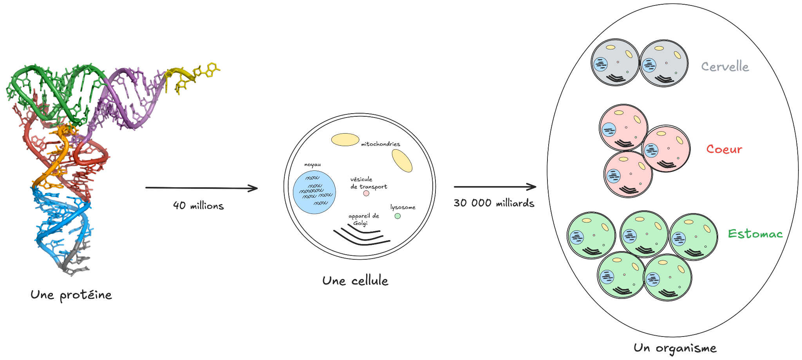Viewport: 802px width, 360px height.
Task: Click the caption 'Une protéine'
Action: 71,295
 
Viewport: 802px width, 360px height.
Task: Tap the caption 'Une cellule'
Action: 355,281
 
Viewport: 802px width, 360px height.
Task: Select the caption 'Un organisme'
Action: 675,348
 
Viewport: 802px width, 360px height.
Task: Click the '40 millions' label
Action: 199,206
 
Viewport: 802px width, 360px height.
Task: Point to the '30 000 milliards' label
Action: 494,203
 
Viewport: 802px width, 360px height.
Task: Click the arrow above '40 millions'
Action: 202,188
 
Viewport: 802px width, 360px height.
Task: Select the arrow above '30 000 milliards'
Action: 495,187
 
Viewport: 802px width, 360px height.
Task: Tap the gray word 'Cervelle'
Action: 725,67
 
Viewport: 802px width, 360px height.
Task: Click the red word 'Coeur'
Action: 724,149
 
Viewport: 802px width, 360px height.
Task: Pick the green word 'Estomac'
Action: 755,234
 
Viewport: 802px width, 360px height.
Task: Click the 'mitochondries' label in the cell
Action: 381,144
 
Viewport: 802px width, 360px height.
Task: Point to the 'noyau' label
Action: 312,165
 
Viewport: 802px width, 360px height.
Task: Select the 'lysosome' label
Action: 403,207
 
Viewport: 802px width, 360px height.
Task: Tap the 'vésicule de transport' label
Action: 368,183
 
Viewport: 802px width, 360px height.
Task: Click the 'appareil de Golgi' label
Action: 364,220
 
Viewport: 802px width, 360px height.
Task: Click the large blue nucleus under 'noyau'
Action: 314,192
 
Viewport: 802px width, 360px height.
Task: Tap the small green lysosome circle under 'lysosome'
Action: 397,216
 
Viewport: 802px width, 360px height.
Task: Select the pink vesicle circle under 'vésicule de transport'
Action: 366,193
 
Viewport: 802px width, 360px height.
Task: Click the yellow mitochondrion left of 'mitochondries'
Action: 345,140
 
